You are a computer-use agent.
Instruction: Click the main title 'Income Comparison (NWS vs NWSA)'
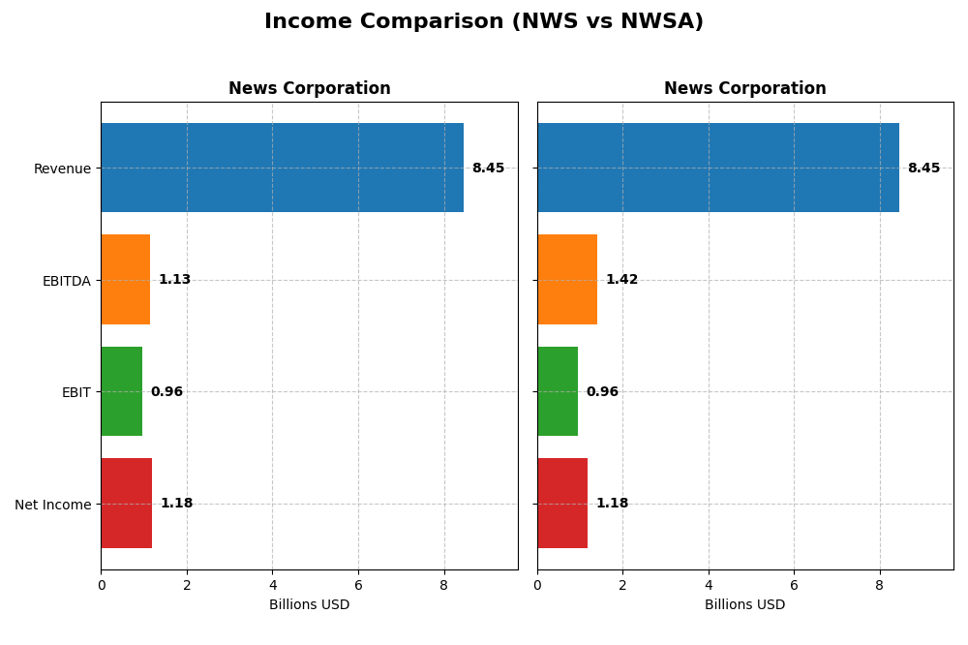(483, 21)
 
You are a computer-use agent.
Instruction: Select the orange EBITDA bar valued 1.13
(125, 279)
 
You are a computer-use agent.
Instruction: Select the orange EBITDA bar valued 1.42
(567, 279)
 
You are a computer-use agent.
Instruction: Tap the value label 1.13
(174, 280)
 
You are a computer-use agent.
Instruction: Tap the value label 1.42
(621, 280)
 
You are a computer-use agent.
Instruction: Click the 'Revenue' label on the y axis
(62, 169)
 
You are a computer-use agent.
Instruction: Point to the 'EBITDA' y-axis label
(66, 281)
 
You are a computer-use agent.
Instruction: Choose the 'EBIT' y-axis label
(76, 392)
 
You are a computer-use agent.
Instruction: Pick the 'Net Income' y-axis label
(52, 505)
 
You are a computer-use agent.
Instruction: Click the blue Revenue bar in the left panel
(282, 168)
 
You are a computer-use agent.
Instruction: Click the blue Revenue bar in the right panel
(717, 168)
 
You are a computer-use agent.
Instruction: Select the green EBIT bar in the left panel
(121, 391)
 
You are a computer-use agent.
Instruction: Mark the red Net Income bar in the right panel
(562, 503)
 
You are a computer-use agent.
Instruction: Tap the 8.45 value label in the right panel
(923, 169)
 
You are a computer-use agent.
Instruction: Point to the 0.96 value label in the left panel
(166, 392)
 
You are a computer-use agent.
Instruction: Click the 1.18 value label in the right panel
(612, 504)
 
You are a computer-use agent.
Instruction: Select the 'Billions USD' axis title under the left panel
(309, 605)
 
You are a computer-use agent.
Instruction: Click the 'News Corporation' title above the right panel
(744, 89)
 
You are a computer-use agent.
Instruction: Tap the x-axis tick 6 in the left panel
(358, 585)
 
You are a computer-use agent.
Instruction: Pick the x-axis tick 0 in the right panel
(537, 585)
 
